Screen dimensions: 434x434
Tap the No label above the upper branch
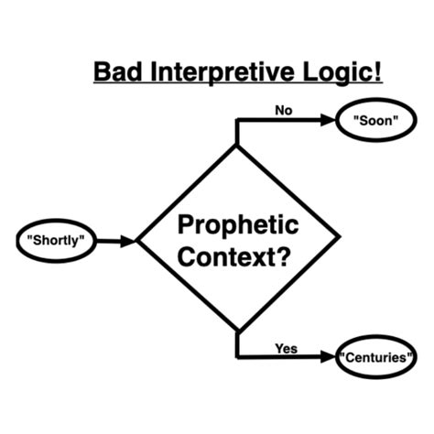[285, 110]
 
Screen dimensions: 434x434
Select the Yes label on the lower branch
[286, 347]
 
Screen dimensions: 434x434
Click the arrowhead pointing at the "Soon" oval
[329, 121]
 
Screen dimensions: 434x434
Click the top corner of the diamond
[237, 146]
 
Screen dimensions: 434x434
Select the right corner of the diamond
[339, 239]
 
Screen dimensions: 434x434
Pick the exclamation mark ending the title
[378, 71]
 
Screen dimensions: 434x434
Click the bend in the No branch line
[237, 121]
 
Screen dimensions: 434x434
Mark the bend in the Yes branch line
[237, 356]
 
